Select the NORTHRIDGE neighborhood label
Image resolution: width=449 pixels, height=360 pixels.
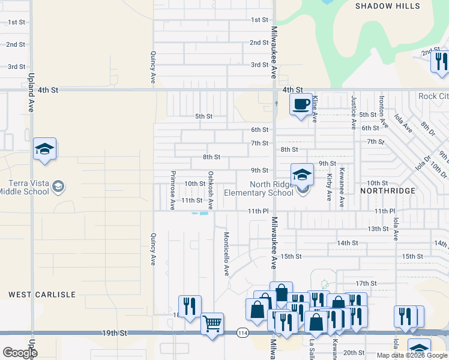(388, 190)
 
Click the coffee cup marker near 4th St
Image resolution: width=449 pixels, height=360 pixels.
(300, 104)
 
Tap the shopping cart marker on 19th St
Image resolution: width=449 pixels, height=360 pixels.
(212, 324)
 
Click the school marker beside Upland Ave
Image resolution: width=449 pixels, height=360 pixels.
(44, 149)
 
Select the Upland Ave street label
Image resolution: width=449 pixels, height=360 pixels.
(31, 93)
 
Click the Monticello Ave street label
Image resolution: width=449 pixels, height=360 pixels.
(227, 253)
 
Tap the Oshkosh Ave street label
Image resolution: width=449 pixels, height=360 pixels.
(211, 190)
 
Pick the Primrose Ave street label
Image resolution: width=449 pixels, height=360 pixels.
(173, 190)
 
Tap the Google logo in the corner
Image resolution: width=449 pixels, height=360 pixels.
(20, 352)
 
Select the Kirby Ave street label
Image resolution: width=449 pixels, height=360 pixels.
(329, 187)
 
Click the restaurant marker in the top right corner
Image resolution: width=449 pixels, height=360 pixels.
(439, 61)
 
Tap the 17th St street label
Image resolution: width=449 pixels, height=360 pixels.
(366, 283)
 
